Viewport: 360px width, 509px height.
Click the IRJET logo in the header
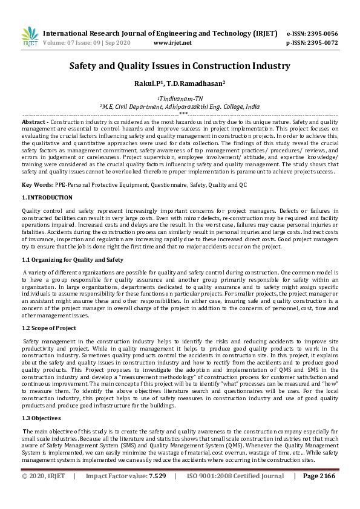[29, 37]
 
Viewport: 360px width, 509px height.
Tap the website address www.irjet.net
[172, 43]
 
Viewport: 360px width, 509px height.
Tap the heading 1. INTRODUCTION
[47, 197]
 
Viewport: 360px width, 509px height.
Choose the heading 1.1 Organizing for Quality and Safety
[73, 259]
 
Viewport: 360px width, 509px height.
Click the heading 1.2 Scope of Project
[49, 328]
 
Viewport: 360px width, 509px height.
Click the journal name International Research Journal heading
[160, 33]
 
